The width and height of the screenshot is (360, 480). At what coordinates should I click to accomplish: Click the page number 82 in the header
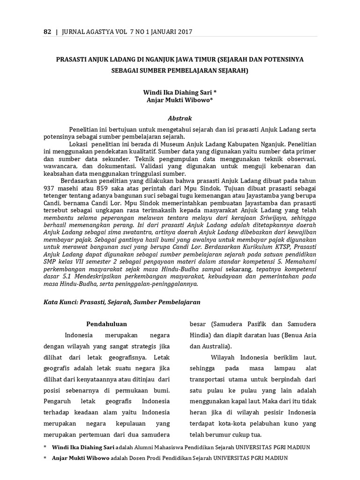point(47,32)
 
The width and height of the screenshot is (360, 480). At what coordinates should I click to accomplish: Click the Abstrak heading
point(180,118)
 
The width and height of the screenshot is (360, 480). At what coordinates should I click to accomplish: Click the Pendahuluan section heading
point(107,324)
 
